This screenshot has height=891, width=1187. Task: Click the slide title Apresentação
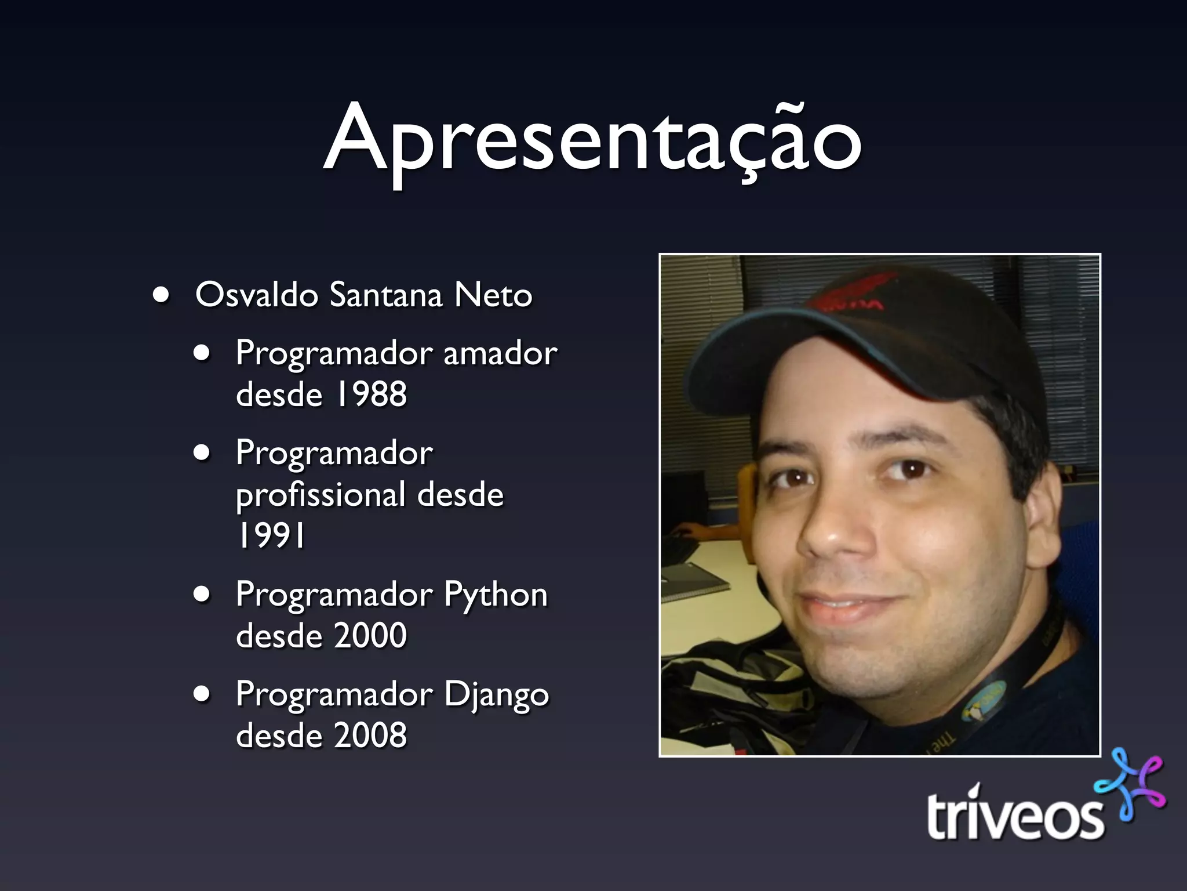point(592,139)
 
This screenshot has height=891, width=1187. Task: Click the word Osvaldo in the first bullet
point(257,295)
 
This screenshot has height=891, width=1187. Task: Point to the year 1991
point(271,535)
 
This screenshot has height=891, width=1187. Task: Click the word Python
point(496,595)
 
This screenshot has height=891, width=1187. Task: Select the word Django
point(496,695)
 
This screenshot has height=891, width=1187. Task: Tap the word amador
point(500,354)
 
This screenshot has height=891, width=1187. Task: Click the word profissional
point(320,495)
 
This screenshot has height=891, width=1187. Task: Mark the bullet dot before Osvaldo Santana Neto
point(161,295)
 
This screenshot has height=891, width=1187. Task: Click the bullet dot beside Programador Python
point(202,595)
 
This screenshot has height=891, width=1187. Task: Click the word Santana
point(385,295)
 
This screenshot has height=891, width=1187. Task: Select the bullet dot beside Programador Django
point(202,695)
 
